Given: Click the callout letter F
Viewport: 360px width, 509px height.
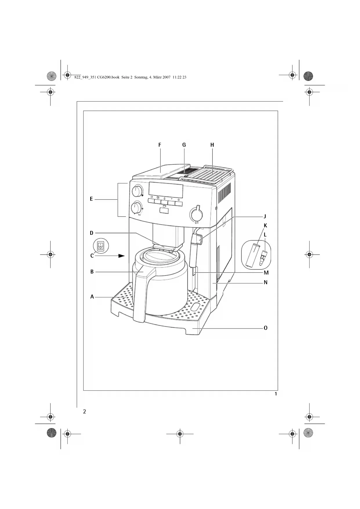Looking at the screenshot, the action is (x=160, y=145).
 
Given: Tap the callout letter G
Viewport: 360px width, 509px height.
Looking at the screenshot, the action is (x=184, y=145).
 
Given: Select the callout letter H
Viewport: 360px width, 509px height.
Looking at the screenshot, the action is (x=212, y=145).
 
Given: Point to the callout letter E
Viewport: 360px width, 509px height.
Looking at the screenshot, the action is (x=91, y=199).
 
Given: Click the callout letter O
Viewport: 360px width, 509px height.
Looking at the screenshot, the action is (x=265, y=328).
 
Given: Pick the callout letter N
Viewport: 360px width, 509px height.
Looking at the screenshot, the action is (x=265, y=282).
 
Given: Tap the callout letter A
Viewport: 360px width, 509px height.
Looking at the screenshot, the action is (x=92, y=297).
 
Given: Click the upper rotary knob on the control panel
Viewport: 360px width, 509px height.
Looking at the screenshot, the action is (x=137, y=191).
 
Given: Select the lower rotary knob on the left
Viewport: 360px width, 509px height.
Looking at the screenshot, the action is (x=136, y=208).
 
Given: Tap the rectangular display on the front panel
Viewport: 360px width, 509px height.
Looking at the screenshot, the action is (x=166, y=189).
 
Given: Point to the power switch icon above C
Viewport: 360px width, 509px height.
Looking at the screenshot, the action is (x=100, y=246).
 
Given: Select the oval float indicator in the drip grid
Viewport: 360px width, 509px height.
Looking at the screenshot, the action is (x=196, y=307).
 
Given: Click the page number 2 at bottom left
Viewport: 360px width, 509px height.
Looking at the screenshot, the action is (x=84, y=411).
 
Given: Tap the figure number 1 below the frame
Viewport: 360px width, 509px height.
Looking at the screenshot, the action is (x=276, y=394).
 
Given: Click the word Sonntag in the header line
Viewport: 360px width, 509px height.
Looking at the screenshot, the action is (x=141, y=77).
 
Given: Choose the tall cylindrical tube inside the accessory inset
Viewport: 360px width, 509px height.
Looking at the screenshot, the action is (x=252, y=255).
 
